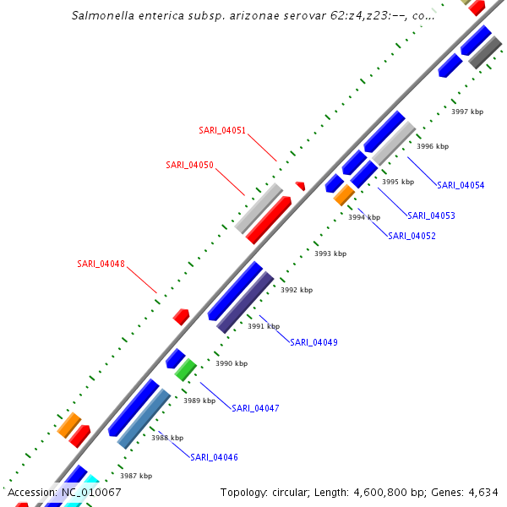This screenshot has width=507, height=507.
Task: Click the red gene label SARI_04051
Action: (222, 130)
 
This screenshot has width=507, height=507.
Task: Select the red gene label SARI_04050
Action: (189, 164)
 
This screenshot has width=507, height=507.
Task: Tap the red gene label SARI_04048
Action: (101, 264)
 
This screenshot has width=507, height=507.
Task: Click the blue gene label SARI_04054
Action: (461, 185)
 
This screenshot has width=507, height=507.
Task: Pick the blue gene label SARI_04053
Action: (431, 215)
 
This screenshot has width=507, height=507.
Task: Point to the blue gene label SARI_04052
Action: (412, 236)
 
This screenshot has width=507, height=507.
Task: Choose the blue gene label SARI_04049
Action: (313, 342)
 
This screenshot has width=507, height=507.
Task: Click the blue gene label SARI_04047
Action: (255, 408)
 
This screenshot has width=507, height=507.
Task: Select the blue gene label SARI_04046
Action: (214, 457)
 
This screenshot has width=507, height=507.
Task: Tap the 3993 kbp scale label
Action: (330, 253)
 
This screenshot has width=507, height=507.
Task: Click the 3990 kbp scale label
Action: (232, 363)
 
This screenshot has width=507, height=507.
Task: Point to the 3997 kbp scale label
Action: (467, 112)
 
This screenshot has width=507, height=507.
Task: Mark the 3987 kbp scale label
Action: (136, 476)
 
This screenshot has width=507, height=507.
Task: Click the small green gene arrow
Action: (185, 369)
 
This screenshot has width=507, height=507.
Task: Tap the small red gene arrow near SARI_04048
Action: (181, 316)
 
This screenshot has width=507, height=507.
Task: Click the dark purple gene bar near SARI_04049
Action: (245, 302)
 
